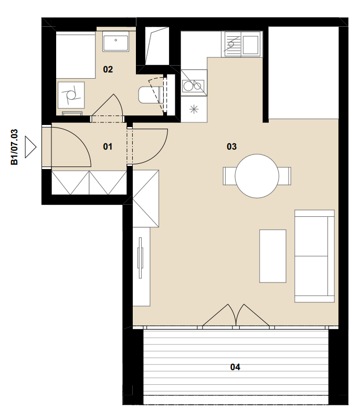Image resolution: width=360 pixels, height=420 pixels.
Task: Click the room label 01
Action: (108, 146)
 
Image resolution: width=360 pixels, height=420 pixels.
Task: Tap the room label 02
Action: (108, 69)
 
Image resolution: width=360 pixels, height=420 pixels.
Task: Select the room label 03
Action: (231, 146)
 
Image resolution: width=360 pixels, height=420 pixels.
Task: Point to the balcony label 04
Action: (235, 366)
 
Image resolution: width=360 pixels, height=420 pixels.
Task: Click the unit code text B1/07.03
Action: (14, 147)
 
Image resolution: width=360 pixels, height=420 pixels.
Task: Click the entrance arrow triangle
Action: (30, 147)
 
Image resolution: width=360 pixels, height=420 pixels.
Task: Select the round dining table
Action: (257, 176)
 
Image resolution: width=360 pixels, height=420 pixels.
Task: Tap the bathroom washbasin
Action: (115, 41)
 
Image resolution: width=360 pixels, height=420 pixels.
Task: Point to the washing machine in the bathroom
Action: (71, 95)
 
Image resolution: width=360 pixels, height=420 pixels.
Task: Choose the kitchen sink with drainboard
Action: (242, 44)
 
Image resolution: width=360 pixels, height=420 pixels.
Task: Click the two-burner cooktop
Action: (194, 83)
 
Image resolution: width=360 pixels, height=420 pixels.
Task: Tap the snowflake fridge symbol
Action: (194, 109)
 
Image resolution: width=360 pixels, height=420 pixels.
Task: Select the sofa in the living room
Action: (314, 256)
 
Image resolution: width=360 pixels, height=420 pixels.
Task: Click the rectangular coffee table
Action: (273, 256)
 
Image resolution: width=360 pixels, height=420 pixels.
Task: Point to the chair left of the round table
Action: (229, 176)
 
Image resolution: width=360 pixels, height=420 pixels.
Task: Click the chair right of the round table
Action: (284, 176)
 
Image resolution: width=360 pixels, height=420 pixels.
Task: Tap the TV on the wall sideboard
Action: (140, 258)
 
